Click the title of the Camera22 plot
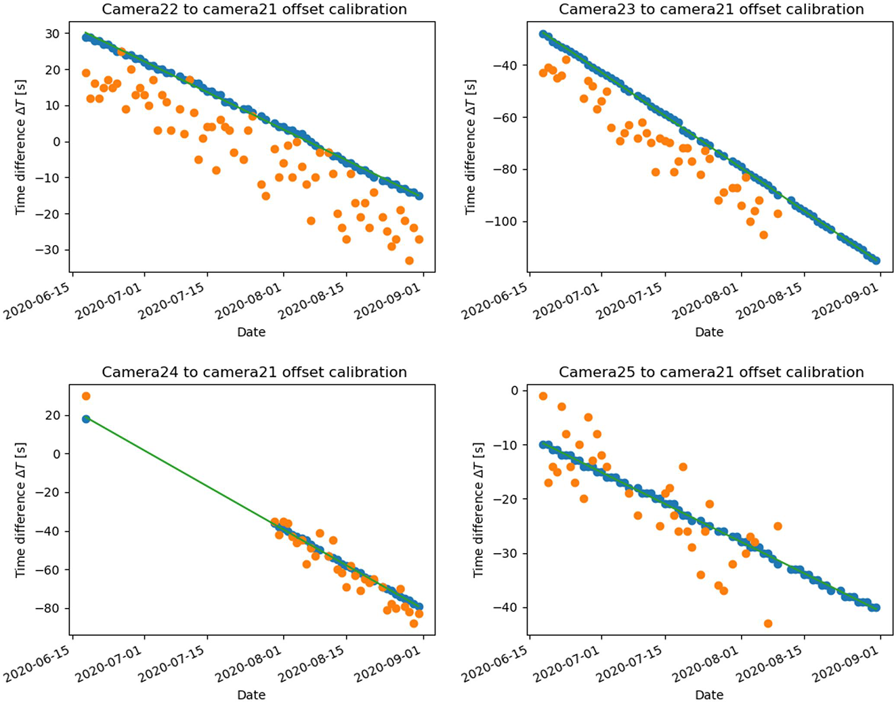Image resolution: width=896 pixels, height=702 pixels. tap(254, 9)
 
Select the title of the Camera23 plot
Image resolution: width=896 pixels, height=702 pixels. tap(711, 9)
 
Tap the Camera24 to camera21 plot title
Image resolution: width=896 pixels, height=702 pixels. tap(254, 372)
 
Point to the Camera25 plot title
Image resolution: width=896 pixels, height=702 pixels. tap(711, 372)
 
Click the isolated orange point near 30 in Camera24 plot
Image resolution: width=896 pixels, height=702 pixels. tap(86, 396)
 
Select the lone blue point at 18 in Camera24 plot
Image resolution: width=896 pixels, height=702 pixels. tap(86, 419)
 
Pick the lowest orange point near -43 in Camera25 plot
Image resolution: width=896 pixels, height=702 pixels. tap(768, 623)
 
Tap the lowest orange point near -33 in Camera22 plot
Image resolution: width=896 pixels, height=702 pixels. tap(409, 261)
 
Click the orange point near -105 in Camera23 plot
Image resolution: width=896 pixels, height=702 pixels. tap(763, 235)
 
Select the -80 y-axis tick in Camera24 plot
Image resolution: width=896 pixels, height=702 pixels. tap(51, 608)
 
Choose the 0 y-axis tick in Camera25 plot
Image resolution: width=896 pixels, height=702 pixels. tap(515, 391)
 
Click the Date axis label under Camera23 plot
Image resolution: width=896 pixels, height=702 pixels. tap(709, 332)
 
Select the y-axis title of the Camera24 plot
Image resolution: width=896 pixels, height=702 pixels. tap(21, 510)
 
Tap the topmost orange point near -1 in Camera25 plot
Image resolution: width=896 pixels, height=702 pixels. tap(543, 396)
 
